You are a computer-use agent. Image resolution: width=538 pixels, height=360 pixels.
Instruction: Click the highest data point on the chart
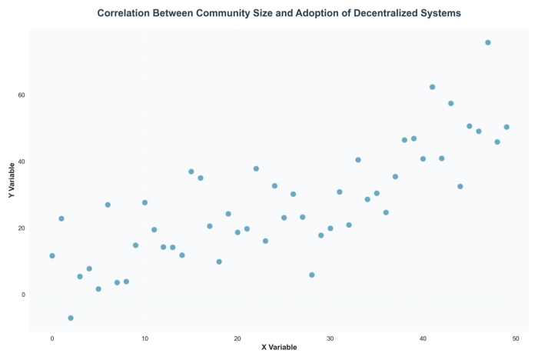click(488, 42)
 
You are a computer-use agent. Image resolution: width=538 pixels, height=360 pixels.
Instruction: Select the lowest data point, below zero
click(71, 318)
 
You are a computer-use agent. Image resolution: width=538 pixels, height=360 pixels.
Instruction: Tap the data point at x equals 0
click(52, 255)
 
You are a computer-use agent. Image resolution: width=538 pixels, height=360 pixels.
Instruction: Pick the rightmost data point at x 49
click(506, 127)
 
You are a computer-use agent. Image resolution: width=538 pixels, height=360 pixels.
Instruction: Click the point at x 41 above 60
click(432, 87)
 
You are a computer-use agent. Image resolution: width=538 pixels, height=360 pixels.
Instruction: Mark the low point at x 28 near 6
click(312, 275)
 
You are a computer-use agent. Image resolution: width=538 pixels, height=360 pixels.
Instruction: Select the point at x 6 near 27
click(108, 205)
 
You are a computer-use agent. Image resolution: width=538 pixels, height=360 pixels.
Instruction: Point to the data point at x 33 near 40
click(358, 160)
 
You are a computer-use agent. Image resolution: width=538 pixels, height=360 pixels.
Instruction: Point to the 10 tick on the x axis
click(144, 338)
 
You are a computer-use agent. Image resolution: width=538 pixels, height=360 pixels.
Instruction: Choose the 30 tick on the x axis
click(330, 338)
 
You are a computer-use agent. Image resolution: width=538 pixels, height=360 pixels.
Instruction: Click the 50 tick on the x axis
click(516, 338)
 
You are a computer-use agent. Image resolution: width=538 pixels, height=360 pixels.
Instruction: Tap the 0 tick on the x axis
click(52, 338)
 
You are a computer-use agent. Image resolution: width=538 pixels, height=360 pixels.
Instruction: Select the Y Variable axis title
click(12, 180)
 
